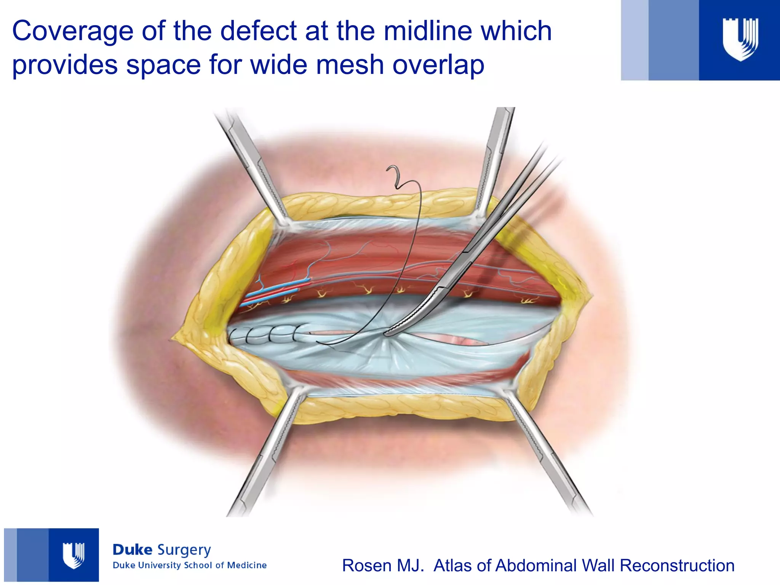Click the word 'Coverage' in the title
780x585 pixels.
[72, 31]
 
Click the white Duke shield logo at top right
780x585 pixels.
[740, 39]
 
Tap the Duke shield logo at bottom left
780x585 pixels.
[74, 555]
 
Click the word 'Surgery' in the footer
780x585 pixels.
[184, 550]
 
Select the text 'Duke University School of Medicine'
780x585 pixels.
[189, 565]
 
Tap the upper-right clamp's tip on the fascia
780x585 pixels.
[478, 217]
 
